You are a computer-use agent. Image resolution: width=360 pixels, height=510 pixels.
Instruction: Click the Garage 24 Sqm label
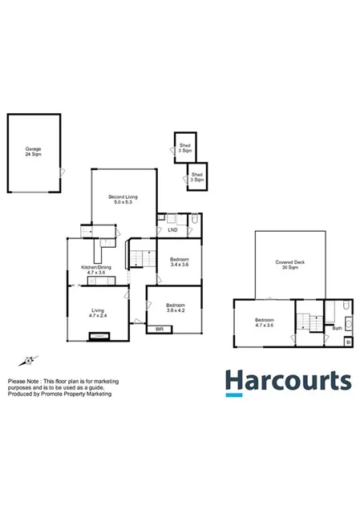(x=33, y=151)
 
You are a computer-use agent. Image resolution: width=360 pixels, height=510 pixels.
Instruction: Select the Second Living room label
(x=123, y=199)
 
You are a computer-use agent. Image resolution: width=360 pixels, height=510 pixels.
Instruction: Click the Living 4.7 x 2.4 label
(x=97, y=313)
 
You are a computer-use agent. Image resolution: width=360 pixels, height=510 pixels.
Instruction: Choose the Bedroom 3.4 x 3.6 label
(x=180, y=263)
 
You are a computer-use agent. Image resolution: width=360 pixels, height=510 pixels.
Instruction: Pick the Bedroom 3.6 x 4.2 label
(x=176, y=308)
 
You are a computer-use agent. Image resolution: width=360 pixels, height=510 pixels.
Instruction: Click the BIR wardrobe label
(x=160, y=329)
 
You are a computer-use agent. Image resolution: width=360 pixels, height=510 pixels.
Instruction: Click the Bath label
(x=338, y=327)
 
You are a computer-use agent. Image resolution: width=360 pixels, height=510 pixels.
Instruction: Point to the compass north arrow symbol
(x=30, y=360)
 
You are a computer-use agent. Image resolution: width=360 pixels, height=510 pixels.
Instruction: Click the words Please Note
(x=23, y=381)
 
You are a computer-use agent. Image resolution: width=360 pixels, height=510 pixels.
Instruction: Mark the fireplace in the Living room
(x=100, y=337)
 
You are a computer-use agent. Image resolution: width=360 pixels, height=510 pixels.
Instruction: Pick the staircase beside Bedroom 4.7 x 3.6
(x=304, y=322)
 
